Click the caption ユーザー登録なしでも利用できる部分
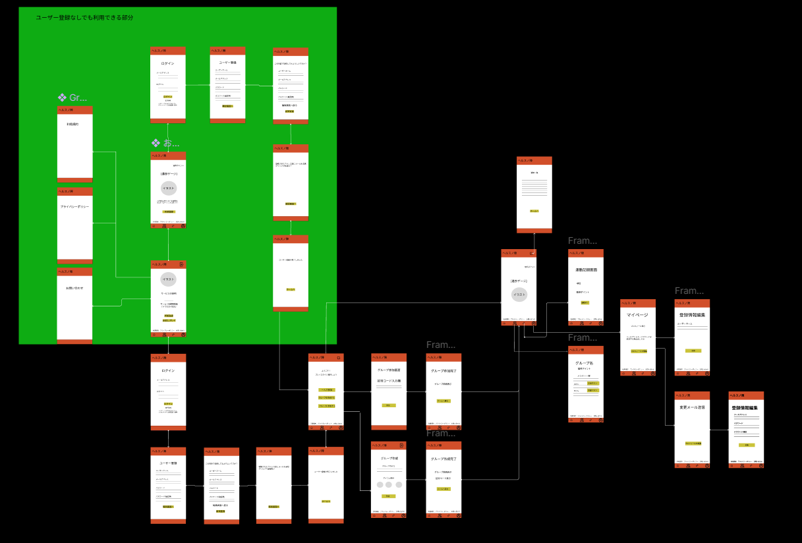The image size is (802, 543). [x=84, y=18]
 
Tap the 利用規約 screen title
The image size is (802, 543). [x=72, y=124]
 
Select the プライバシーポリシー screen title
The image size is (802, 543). [x=74, y=207]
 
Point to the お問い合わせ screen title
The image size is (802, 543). [x=74, y=288]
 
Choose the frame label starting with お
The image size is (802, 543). [x=165, y=143]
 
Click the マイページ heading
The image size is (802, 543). [x=637, y=315]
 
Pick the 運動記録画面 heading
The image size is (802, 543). [x=585, y=270]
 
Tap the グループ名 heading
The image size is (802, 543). [x=585, y=363]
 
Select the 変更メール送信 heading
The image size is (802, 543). [x=691, y=407]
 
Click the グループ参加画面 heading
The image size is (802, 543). [x=388, y=370]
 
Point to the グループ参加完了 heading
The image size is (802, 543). [x=443, y=370]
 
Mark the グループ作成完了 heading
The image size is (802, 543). [x=443, y=459]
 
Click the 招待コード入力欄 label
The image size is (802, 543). [x=388, y=380]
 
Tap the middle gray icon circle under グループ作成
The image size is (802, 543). [x=389, y=485]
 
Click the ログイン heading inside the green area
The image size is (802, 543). [x=167, y=63]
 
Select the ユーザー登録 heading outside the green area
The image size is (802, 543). [x=167, y=463]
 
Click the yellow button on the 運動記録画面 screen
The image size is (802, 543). [x=585, y=302]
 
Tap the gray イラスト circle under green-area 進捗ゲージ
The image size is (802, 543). [x=168, y=188]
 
